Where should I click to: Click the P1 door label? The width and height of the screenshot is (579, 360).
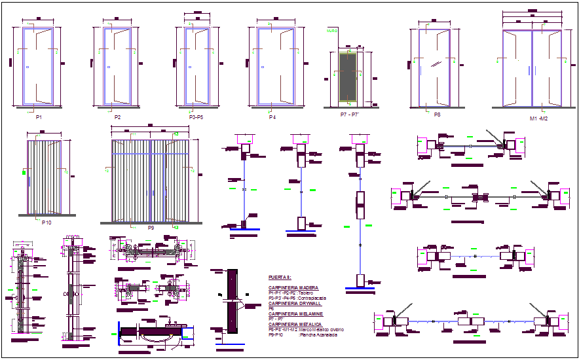click(39, 117)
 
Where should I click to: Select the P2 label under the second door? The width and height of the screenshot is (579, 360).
click(117, 117)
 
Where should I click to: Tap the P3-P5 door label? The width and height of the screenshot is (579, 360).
click(195, 117)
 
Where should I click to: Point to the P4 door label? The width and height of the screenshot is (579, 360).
click(272, 117)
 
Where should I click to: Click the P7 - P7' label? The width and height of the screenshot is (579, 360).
click(350, 114)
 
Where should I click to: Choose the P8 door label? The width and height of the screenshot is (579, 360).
click(437, 115)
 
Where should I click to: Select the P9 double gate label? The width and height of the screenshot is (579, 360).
click(151, 227)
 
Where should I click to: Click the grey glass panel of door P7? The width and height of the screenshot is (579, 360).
click(349, 77)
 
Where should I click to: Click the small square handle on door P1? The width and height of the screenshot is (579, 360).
click(27, 67)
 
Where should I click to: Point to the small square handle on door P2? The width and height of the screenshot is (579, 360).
click(109, 67)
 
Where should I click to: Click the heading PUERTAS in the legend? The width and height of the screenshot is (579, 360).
click(280, 278)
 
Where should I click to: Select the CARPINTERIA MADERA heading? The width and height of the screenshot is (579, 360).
click(293, 287)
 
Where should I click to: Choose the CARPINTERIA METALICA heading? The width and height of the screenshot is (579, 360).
click(295, 324)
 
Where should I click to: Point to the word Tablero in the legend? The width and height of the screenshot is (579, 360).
click(306, 293)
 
